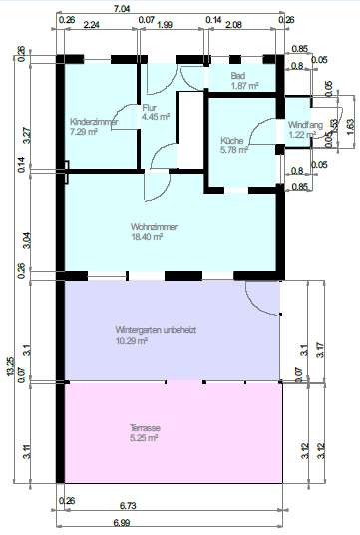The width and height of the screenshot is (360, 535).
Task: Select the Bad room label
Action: point(237,76)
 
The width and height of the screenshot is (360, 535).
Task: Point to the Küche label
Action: point(232,141)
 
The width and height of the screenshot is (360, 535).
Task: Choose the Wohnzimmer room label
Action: point(154,226)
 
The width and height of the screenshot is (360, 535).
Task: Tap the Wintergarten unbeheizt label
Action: point(155,329)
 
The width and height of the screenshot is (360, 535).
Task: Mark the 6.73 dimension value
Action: point(172,506)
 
